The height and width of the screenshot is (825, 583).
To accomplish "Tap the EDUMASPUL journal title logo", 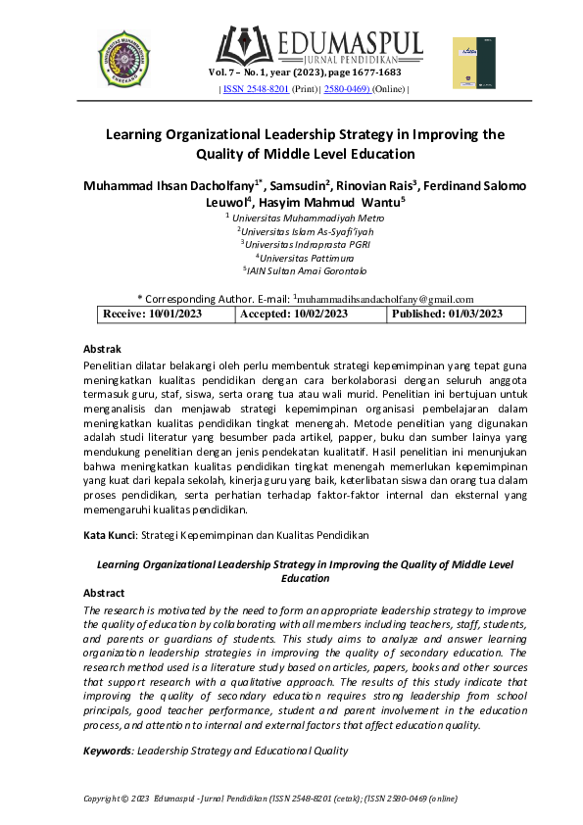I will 317,45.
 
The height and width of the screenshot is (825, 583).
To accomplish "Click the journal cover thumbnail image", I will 468,63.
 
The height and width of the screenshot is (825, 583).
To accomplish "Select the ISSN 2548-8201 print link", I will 256,89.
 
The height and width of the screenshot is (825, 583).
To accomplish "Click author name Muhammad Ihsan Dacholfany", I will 170,185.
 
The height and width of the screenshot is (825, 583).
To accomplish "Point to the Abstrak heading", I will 102,349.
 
